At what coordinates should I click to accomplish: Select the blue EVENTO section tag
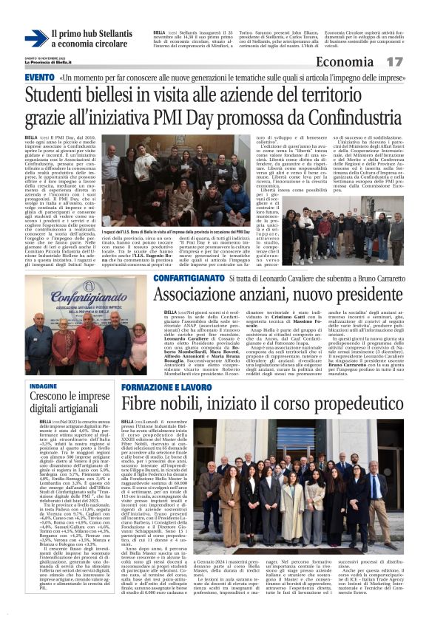coord(39,78)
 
